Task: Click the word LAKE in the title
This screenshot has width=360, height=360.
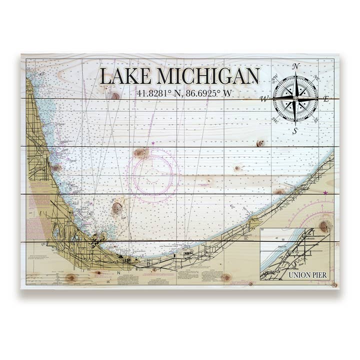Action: (125, 76)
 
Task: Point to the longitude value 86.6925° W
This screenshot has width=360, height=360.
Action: (206, 93)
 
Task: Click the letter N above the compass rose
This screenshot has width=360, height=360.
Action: (295, 66)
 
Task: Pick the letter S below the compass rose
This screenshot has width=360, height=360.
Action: (295, 131)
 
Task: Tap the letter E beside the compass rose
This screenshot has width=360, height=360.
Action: (325, 99)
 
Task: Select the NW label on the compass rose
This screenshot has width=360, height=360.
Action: (275, 78)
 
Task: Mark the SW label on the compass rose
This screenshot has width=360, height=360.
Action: (275, 120)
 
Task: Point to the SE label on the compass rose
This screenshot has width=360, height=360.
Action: (315, 120)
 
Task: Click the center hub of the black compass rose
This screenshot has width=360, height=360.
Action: (295, 98)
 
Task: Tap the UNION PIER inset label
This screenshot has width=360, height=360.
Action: (308, 274)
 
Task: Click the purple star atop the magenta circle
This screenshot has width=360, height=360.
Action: (153, 143)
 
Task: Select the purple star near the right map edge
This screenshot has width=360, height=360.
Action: (326, 192)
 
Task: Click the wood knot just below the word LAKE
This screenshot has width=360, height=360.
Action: (116, 95)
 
